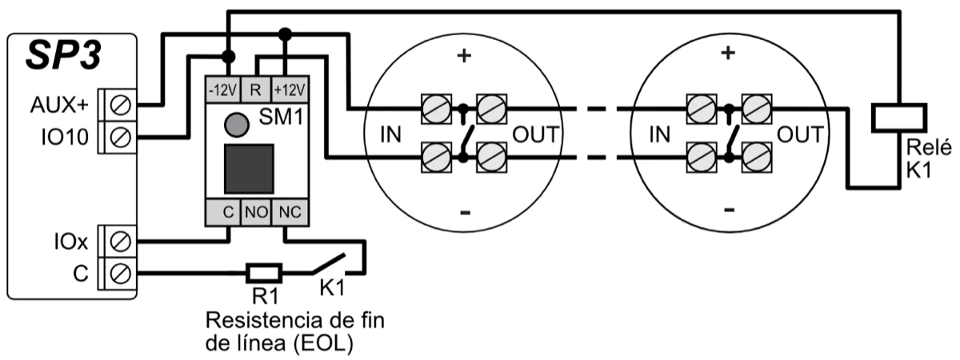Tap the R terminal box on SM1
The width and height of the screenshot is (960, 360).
point(254,88)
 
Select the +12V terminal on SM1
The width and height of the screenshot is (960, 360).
point(290,88)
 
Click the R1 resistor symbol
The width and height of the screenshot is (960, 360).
point(264,273)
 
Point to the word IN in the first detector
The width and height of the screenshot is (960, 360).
point(389,134)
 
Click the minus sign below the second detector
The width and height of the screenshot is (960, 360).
point(728,210)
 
